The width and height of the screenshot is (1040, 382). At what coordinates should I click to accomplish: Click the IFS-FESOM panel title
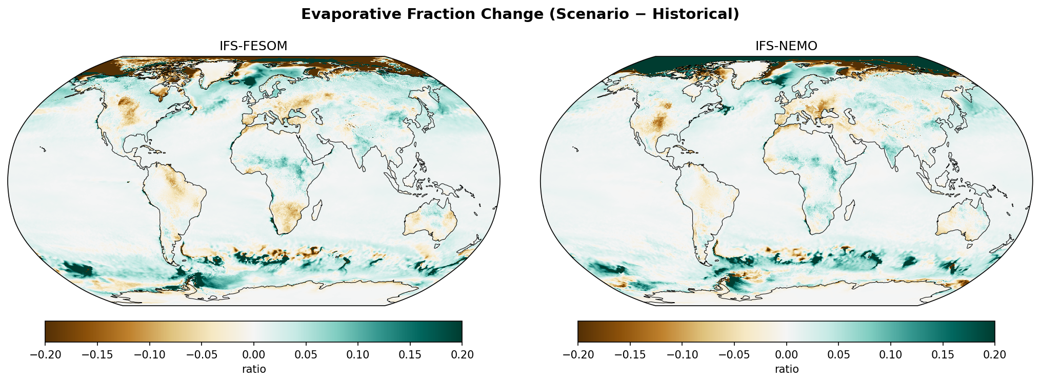click(x=253, y=46)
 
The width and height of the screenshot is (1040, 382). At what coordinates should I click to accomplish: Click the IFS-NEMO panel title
click(x=786, y=46)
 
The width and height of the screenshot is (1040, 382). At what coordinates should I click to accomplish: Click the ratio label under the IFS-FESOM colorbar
click(x=254, y=369)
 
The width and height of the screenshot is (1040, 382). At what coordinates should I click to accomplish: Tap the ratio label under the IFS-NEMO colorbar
click(x=786, y=369)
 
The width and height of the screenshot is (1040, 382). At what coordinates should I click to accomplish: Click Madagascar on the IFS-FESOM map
click(x=317, y=210)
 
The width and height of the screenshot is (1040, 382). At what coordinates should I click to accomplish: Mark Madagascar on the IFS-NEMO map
click(x=850, y=210)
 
